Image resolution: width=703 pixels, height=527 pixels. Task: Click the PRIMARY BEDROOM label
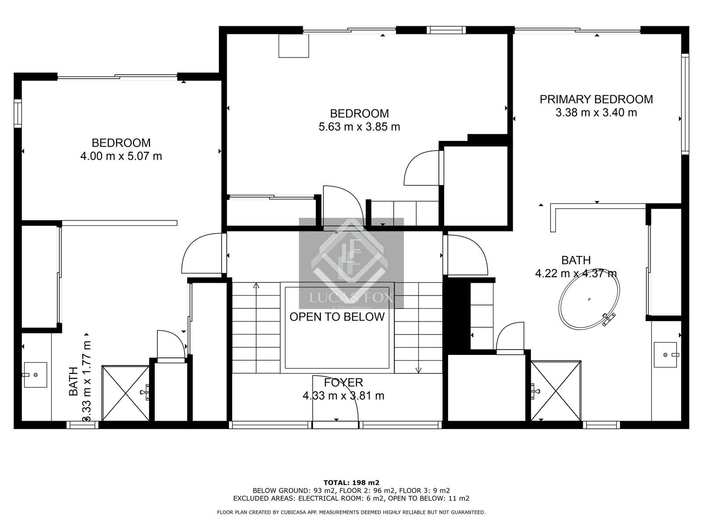[596, 99]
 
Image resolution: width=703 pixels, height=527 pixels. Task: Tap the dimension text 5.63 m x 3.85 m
[359, 127]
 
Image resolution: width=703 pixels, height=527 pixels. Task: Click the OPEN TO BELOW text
[337, 317]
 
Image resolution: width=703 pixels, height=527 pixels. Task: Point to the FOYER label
[343, 383]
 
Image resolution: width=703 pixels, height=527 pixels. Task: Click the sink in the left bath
[35, 375]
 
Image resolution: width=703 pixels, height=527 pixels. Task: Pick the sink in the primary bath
[666, 354]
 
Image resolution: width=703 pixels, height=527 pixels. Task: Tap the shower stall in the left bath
[126, 393]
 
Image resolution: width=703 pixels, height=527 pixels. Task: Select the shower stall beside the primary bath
[556, 391]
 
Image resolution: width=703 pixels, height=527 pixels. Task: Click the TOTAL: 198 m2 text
[351, 482]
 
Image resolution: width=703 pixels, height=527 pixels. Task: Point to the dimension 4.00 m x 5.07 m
[121, 156]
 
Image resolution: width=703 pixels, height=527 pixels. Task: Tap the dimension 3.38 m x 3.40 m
[596, 113]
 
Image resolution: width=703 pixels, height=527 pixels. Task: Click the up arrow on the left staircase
[256, 286]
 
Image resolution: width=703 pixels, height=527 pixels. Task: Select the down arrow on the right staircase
[418, 370]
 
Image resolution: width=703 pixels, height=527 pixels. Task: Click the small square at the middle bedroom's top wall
[294, 46]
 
